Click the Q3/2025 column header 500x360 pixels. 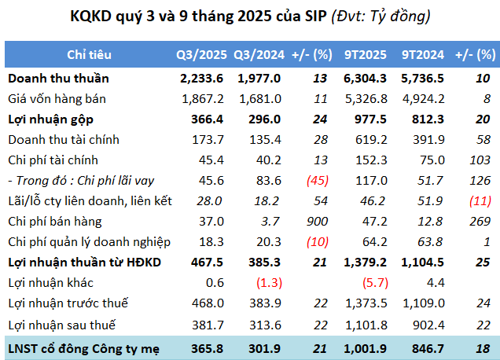tap(201, 55)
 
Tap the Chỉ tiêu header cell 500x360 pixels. tap(89, 55)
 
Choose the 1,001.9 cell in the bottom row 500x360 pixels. tap(366, 346)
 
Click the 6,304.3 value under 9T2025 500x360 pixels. tap(366, 79)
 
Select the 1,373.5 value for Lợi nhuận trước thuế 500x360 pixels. tap(366, 303)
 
